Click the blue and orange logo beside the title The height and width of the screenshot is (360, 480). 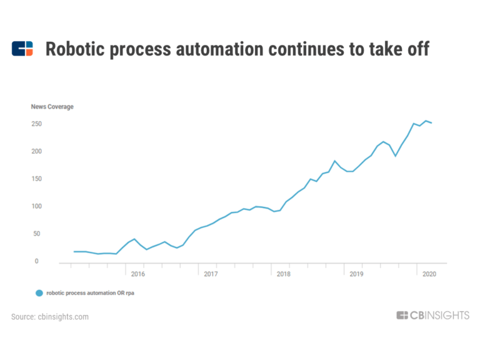click(x=22, y=49)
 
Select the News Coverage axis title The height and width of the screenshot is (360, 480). click(x=52, y=107)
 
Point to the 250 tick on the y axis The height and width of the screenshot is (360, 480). click(x=36, y=124)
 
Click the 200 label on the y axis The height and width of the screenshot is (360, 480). click(x=36, y=151)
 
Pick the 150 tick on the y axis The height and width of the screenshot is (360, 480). click(x=36, y=179)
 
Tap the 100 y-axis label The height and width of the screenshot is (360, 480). click(x=36, y=206)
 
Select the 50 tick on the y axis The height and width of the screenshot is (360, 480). click(x=37, y=234)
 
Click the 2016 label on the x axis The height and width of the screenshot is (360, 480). click(x=138, y=274)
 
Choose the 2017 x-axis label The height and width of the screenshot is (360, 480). click(x=211, y=274)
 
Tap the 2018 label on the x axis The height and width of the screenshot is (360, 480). click(x=283, y=274)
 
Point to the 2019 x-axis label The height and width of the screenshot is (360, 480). click(x=356, y=274)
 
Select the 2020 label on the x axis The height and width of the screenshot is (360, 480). click(x=429, y=274)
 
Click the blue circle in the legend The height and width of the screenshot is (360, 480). click(x=39, y=292)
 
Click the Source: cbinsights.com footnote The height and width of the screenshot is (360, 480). click(x=50, y=317)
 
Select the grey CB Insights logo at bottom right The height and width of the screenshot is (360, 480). click(x=432, y=316)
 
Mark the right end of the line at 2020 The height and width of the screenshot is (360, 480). click(x=431, y=123)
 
